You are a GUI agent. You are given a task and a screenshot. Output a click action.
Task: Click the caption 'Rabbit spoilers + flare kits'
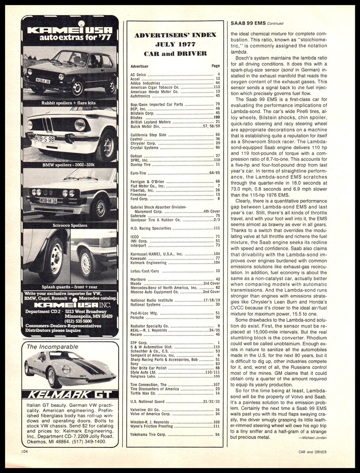click(x=69, y=103)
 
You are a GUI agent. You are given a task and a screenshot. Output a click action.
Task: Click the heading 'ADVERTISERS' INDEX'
click(x=175, y=35)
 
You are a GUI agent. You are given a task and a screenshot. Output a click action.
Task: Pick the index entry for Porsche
click(x=137, y=317)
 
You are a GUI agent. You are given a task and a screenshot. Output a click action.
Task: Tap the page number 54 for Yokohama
click(x=217, y=434)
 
